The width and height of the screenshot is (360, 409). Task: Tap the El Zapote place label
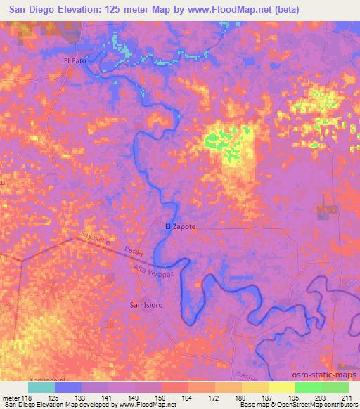click(180, 227)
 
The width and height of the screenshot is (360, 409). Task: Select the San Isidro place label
click(147, 305)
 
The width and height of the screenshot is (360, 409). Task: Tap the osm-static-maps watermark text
click(326, 376)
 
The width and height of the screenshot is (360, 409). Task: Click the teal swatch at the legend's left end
click(41, 387)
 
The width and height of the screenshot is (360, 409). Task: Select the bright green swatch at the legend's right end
click(335, 387)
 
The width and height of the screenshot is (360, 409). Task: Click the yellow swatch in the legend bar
click(282, 387)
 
